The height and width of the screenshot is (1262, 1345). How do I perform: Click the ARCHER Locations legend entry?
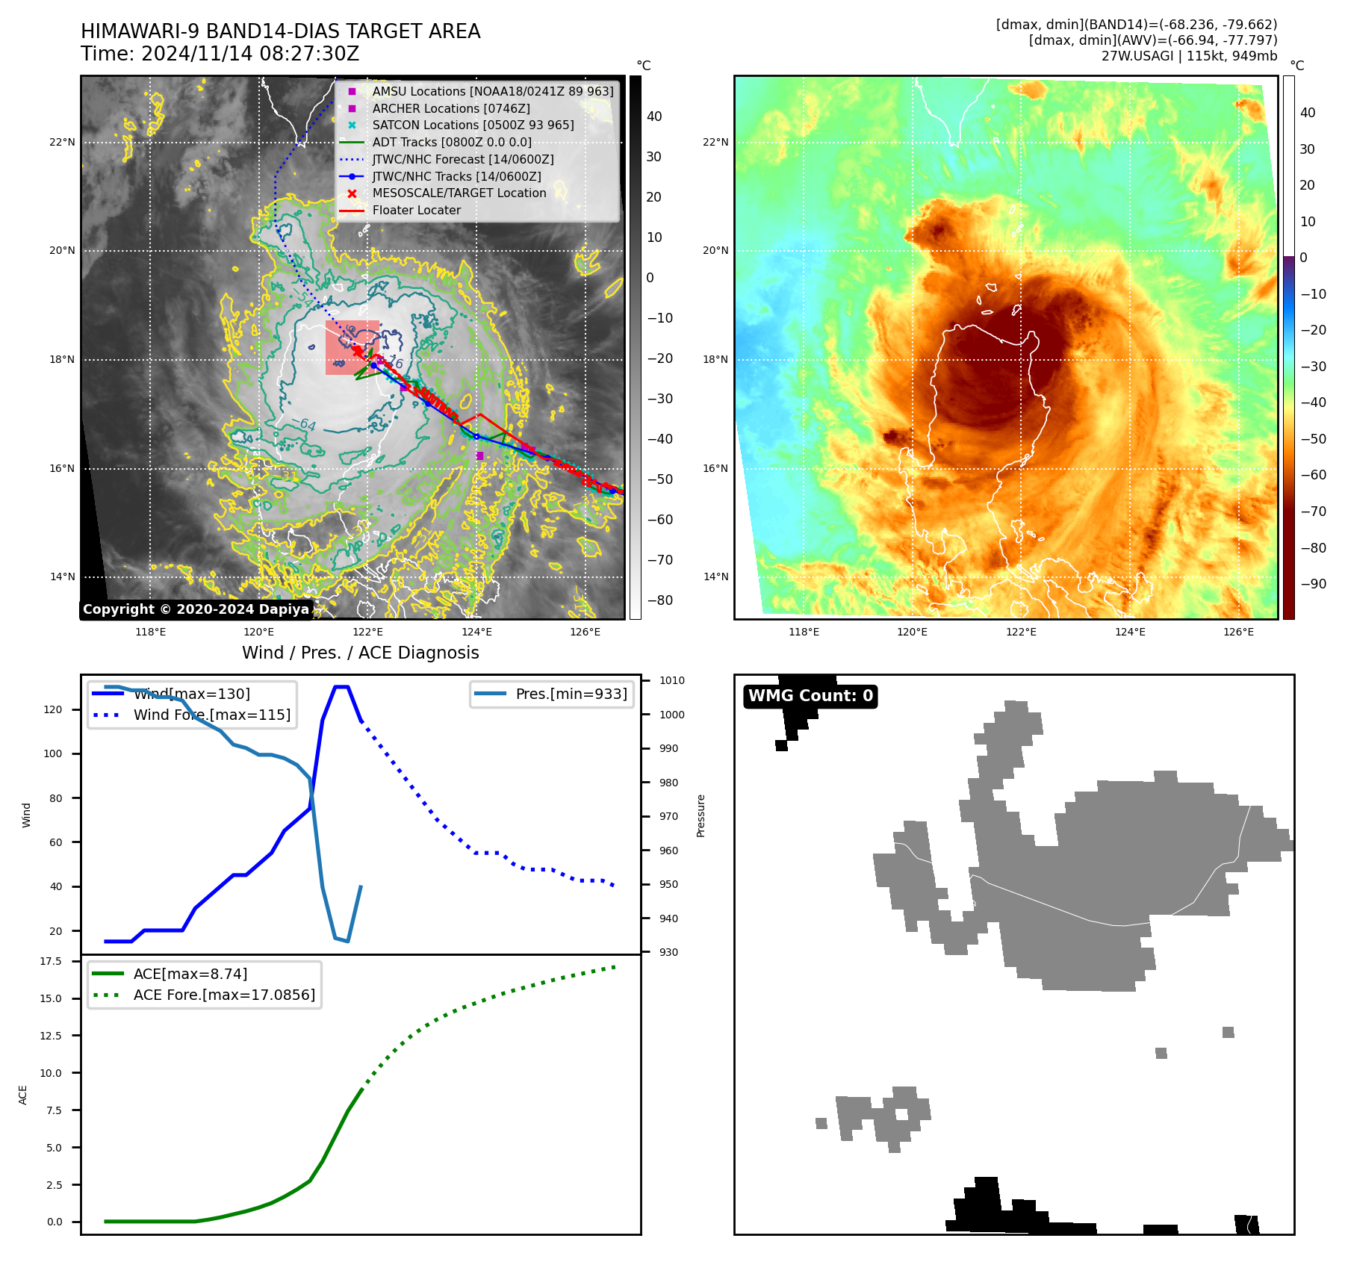[451, 108]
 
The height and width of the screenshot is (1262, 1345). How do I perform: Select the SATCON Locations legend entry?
[473, 125]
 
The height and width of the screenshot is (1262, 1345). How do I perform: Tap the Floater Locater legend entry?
[416, 210]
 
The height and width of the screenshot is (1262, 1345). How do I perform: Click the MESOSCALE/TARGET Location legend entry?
[459, 193]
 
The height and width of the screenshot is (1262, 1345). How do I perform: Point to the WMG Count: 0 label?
[810, 696]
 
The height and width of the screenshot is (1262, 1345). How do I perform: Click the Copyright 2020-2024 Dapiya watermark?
[196, 609]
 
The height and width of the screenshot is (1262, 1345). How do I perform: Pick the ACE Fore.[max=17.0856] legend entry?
[224, 995]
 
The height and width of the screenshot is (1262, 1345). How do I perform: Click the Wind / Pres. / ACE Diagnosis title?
[360, 653]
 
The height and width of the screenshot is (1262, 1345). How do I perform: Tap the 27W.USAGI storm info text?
[1189, 56]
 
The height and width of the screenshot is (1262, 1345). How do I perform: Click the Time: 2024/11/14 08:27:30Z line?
[220, 54]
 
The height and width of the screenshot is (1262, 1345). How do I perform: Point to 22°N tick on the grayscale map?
[63, 142]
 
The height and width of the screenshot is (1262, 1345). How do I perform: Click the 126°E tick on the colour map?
[1238, 632]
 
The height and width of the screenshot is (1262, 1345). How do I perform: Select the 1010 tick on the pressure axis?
[671, 680]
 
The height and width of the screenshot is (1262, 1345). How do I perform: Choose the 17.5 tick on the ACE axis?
[51, 961]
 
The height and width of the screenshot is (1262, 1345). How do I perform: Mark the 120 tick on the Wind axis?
[53, 709]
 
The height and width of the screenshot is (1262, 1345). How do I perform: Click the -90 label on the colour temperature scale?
[1313, 584]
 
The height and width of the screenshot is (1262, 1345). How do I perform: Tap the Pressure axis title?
[701, 815]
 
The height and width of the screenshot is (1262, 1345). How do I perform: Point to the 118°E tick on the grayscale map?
[150, 632]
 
